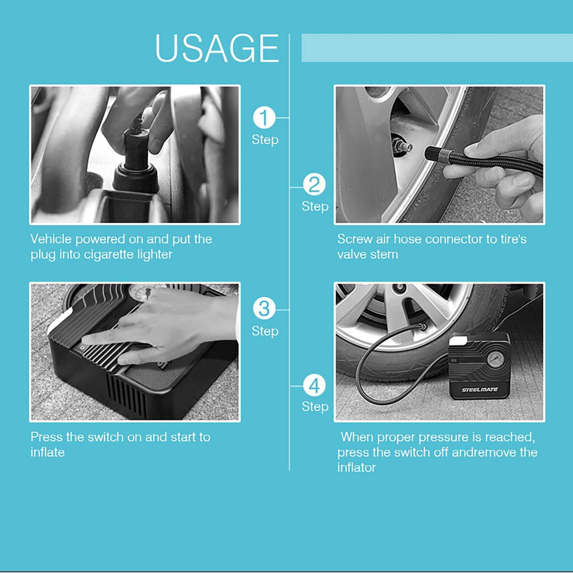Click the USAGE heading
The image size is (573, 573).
217,48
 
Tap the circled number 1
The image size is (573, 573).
264,118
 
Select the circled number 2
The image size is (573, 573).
314,185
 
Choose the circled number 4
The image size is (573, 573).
314,385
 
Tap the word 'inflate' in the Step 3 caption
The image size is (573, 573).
48,452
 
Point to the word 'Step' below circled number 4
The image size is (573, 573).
315,406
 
